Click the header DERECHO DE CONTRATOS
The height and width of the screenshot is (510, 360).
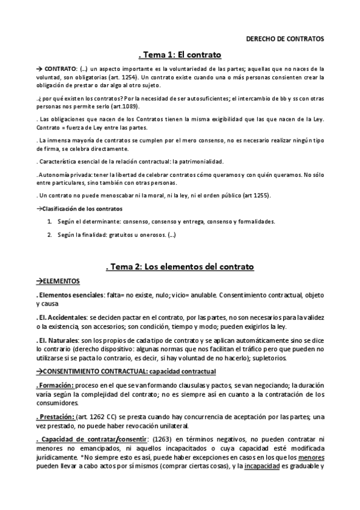click(x=285, y=39)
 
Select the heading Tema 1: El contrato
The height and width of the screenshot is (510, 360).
click(x=180, y=55)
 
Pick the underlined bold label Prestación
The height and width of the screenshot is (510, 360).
click(x=58, y=417)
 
